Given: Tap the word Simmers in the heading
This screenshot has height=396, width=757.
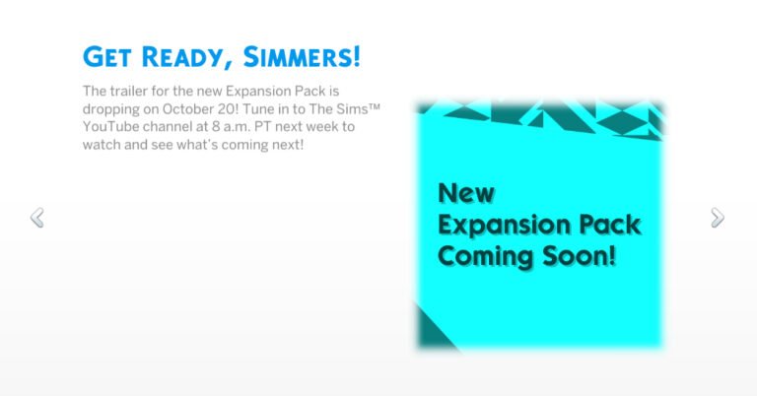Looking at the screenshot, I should click(x=302, y=56).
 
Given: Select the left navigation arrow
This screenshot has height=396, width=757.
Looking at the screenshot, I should click(x=37, y=217).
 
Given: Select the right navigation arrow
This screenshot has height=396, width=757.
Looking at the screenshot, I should click(x=718, y=217).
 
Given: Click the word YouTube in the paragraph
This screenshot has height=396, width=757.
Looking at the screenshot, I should click(x=113, y=127).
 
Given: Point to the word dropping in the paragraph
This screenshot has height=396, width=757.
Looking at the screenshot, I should click(x=112, y=109).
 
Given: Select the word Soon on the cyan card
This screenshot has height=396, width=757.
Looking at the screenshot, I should click(x=582, y=258).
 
